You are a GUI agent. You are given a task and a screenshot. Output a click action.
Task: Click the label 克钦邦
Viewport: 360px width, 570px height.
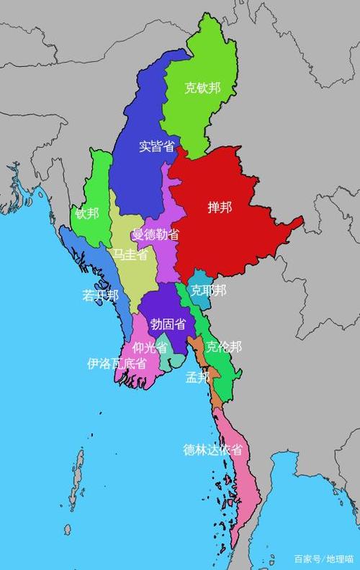202,89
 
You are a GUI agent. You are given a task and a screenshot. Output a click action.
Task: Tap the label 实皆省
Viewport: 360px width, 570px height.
156,146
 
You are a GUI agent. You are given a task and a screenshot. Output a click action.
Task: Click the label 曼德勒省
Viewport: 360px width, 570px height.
156,235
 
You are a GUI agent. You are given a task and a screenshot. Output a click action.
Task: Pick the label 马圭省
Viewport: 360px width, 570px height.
130,254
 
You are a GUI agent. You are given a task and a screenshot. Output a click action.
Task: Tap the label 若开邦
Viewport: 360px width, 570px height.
99,295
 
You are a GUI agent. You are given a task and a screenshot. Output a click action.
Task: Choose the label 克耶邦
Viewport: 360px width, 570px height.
208,290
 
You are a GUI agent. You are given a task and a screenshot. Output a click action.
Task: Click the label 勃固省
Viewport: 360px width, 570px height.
167,324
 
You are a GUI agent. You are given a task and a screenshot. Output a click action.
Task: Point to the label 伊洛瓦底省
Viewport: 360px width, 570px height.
117,363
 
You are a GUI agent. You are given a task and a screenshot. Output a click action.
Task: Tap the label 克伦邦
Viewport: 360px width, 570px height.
224,347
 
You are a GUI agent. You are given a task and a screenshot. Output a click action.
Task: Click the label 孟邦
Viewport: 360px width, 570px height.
197,377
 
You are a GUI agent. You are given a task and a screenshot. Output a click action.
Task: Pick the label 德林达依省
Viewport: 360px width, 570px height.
212,450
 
